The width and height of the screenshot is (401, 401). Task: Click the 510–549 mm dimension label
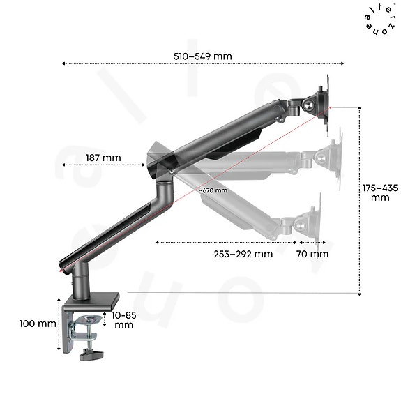pyautogui.click(x=203, y=56)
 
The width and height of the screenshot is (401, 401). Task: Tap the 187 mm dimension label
pyautogui.click(x=103, y=158)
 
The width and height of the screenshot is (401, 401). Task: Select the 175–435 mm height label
pyautogui.click(x=380, y=192)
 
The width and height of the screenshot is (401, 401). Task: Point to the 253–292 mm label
pyautogui.click(x=243, y=254)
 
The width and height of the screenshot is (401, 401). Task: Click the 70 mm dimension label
pyautogui.click(x=312, y=254)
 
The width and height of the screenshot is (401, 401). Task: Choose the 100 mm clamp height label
pyautogui.click(x=38, y=324)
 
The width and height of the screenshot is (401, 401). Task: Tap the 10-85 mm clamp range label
pyautogui.click(x=125, y=320)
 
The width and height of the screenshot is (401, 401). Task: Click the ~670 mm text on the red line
pyautogui.click(x=213, y=190)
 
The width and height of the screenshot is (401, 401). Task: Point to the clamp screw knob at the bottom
pyautogui.click(x=91, y=355)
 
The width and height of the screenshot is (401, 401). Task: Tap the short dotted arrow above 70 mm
pyautogui.click(x=310, y=243)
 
